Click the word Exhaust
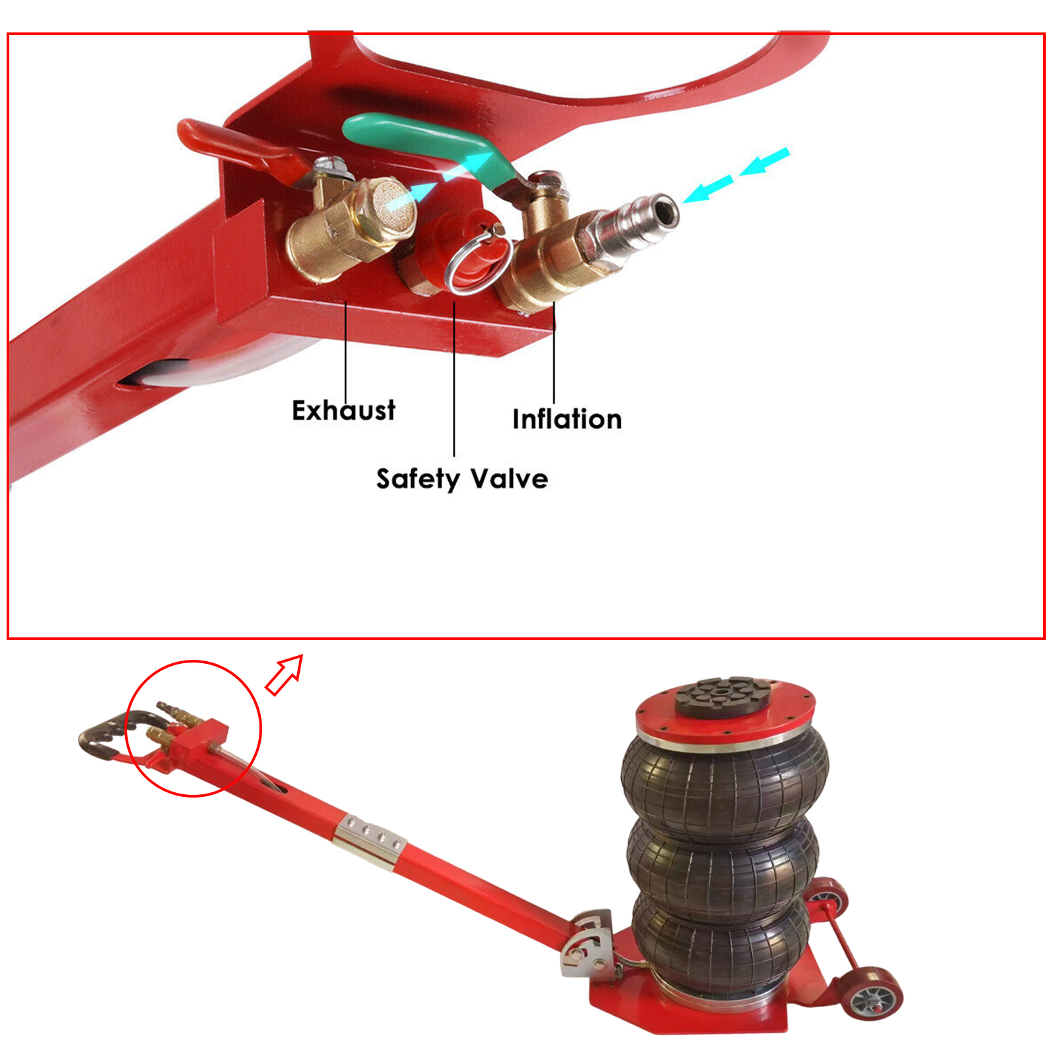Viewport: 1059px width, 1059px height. (x=344, y=410)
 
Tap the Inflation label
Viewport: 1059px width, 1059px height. (x=567, y=419)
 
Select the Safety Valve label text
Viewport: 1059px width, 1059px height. (x=462, y=479)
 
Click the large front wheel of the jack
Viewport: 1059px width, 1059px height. (x=870, y=996)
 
